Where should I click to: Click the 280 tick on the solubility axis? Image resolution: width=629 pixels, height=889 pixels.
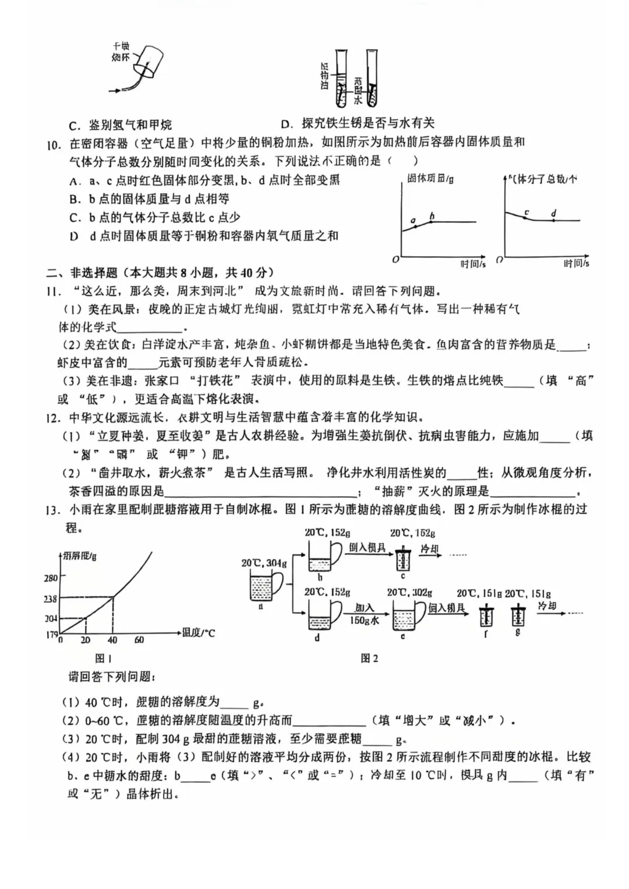[x=51, y=578]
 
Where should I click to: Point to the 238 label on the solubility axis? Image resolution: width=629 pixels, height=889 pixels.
[x=51, y=599]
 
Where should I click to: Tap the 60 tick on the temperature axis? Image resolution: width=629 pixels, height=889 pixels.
[x=139, y=640]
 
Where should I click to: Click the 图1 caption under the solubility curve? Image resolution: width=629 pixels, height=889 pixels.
[x=103, y=658]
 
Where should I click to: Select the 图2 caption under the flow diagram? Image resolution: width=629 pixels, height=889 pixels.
[x=369, y=658]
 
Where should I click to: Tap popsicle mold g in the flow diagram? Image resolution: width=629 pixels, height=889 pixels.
[x=517, y=616]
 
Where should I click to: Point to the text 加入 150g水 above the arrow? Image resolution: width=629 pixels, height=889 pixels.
[x=365, y=614]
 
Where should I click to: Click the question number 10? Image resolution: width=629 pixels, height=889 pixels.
[x=54, y=144]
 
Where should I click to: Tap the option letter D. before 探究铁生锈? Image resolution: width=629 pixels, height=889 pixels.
[x=287, y=123]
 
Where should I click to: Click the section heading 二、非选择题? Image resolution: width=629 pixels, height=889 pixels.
[x=82, y=273]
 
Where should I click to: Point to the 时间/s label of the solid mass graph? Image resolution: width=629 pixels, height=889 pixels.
[x=472, y=264]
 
